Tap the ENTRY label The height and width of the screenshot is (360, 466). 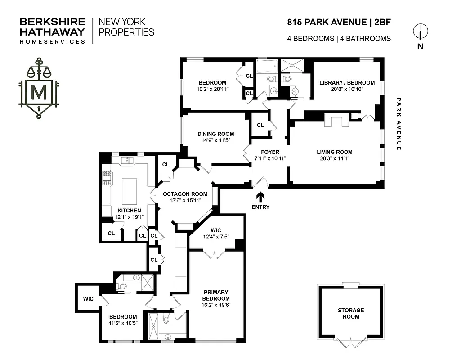pyautogui.click(x=260, y=207)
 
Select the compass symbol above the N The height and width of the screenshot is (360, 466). pyautogui.click(x=421, y=31)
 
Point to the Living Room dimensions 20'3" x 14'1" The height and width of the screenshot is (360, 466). pyautogui.click(x=334, y=158)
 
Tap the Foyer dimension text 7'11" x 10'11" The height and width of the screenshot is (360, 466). pyautogui.click(x=269, y=158)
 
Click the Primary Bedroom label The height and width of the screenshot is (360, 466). pyautogui.click(x=216, y=295)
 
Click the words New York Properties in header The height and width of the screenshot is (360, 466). pyautogui.click(x=126, y=27)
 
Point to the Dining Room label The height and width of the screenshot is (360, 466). pyautogui.click(x=216, y=134)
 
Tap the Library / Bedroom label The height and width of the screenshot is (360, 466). pyautogui.click(x=347, y=83)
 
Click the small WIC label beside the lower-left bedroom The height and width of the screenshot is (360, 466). pyautogui.click(x=88, y=298)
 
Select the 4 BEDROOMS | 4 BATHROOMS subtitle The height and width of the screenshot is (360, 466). pyautogui.click(x=339, y=39)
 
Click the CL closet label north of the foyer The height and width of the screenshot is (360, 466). pyautogui.click(x=260, y=125)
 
